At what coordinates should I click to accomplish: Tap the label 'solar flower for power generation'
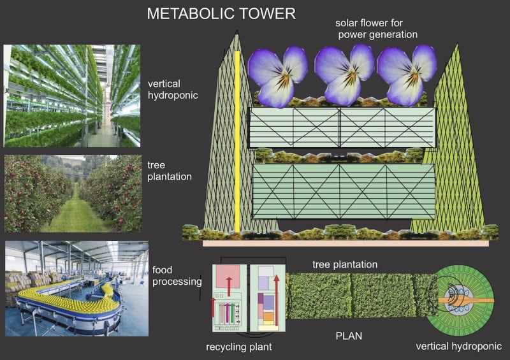[x=377, y=29]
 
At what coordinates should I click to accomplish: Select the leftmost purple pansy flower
[x=277, y=76]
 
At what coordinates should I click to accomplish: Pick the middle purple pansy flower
[x=344, y=75]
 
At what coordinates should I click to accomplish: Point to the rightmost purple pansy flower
[x=407, y=75]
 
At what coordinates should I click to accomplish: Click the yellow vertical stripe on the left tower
[x=237, y=142]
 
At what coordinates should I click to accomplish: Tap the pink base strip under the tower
[x=346, y=243]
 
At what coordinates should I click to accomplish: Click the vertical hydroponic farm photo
[x=72, y=96]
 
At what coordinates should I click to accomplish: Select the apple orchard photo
[x=73, y=194]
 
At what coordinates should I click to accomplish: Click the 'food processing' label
[x=177, y=275]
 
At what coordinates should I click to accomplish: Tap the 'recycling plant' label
[x=238, y=347]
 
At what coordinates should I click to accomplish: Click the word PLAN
[x=349, y=336]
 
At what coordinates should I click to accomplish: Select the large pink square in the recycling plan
[x=228, y=276]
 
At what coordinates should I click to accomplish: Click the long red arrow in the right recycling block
[x=277, y=300]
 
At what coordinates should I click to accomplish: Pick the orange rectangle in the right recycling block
[x=268, y=316]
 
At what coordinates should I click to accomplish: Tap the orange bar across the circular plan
[x=465, y=301]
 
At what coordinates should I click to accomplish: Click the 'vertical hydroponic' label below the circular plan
[x=458, y=347]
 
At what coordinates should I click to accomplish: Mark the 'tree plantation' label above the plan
[x=345, y=264]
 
